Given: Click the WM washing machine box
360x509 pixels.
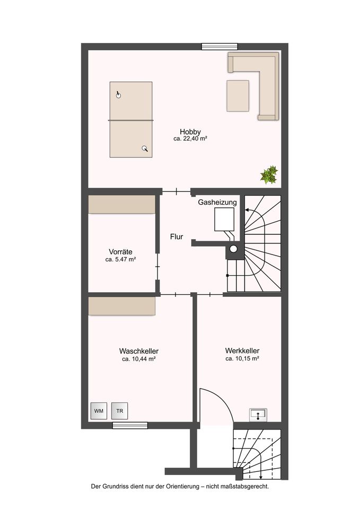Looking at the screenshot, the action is tap(99, 410).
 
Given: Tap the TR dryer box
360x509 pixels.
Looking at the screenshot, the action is tap(119, 410).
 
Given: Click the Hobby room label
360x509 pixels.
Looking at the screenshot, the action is tap(190, 131).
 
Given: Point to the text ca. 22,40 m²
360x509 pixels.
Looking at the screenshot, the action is tap(190, 138).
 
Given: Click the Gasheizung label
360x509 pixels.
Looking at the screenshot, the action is tap(217, 202).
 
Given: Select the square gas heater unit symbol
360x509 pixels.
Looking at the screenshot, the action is tap(224, 220).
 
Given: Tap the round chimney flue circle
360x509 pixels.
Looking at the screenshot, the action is tap(233, 249).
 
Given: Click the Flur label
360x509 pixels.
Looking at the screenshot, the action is tap(177, 236).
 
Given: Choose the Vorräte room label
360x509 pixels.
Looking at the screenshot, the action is tap(120, 251).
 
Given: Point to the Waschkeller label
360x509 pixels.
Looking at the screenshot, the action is tap(138, 351).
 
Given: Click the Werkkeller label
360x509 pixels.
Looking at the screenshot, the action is tap(242, 350).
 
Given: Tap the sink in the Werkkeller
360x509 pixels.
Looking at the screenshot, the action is tap(258, 415).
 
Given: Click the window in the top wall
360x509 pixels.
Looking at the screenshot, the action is tap(219, 47).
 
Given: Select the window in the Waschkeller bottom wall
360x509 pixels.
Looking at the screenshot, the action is tap(130, 425).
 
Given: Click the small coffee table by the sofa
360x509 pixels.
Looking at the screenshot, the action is tap(238, 96).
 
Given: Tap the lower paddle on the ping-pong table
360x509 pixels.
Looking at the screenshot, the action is tap(145, 148).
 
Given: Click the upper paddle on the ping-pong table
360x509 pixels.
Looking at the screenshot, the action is tap(118, 94).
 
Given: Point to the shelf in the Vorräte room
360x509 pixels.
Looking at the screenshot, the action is tap(122, 205).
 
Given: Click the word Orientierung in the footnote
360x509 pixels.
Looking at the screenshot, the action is tap(183, 486).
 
